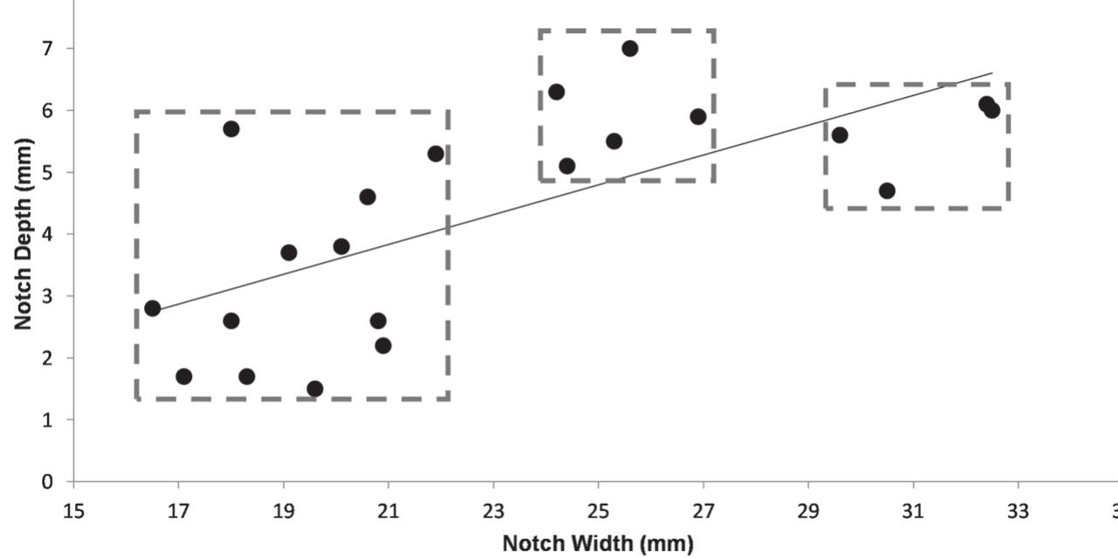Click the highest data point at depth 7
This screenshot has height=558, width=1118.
tap(629, 48)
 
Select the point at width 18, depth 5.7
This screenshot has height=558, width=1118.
tap(231, 128)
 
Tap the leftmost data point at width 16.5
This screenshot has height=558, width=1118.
tap(153, 308)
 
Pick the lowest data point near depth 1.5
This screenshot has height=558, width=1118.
tap(315, 389)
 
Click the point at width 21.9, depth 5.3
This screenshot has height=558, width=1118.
tap(436, 154)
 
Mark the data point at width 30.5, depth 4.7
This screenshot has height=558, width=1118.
tap(887, 190)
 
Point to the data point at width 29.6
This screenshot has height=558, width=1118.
tap(840, 134)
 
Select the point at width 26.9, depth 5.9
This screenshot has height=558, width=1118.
tap(698, 116)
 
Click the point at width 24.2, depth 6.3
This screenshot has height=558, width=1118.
tap(556, 92)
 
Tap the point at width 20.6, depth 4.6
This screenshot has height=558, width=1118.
tap(367, 196)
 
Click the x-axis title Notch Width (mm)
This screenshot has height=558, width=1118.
tap(598, 544)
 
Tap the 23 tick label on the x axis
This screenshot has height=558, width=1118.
tap(493, 511)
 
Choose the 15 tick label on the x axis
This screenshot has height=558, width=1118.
tap(74, 511)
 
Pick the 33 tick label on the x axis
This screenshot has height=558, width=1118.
tap(1018, 511)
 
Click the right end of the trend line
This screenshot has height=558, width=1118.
tap(992, 73)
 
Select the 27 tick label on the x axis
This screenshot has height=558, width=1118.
tap(703, 511)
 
